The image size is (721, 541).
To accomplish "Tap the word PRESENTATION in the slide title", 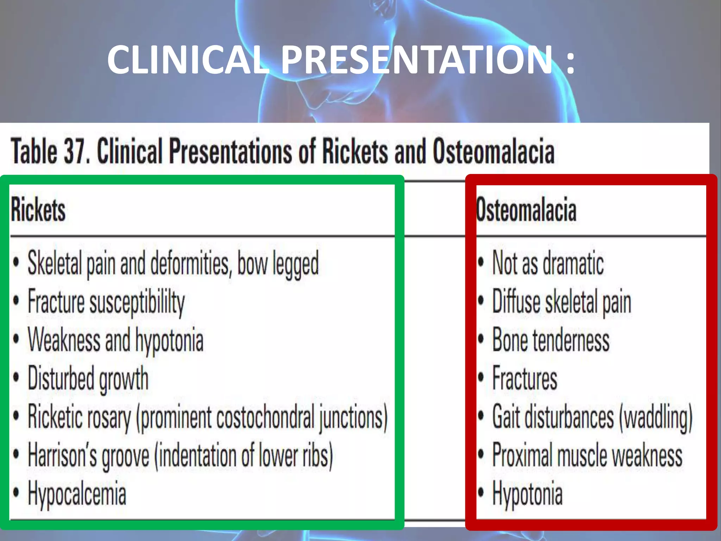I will [x=417, y=60].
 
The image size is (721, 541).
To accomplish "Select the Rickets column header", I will [x=38, y=210].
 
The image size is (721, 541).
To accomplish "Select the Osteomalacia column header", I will [x=526, y=210].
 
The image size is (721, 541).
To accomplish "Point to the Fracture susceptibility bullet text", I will [x=106, y=302].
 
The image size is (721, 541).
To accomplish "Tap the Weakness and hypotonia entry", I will [x=115, y=341].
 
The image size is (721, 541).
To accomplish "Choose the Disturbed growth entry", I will [x=88, y=379].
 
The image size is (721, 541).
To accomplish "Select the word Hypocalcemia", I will [x=77, y=494].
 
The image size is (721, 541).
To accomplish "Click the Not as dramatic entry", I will [x=548, y=263].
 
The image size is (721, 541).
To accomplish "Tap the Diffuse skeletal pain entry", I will [x=562, y=302].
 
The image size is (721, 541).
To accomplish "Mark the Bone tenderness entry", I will [x=551, y=340].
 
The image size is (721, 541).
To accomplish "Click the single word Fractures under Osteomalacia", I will [x=525, y=379].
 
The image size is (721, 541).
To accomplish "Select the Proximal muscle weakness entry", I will [x=587, y=456].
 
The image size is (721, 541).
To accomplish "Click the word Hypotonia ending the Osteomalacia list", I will [x=527, y=494].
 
